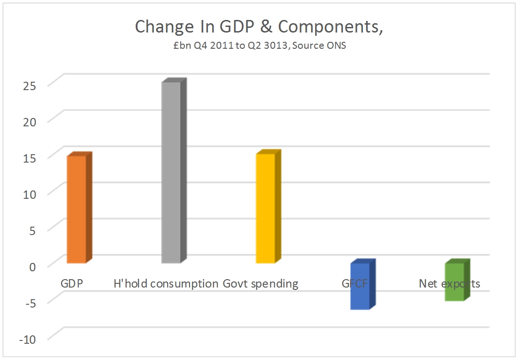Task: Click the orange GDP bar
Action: [76, 209]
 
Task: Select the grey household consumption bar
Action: [171, 172]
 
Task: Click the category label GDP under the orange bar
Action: [72, 283]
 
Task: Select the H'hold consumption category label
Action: [166, 283]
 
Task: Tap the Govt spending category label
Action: [261, 283]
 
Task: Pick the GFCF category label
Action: [355, 283]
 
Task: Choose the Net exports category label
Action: [449, 283]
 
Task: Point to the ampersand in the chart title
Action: [265, 27]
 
